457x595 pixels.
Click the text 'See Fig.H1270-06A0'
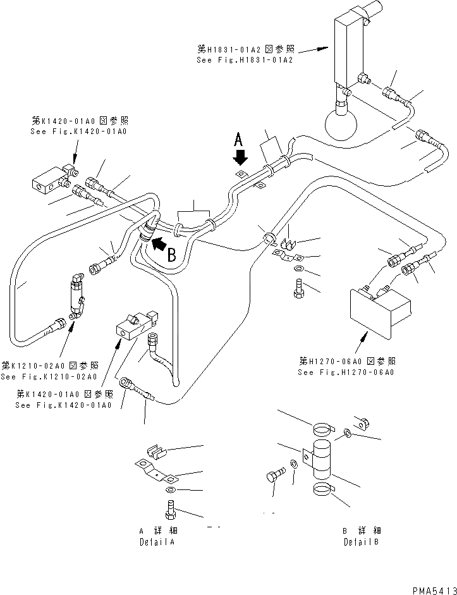pyautogui.click(x=346, y=372)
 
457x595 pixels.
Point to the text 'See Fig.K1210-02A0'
pyautogui.click(x=49, y=377)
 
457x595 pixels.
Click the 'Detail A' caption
pyautogui.click(x=157, y=542)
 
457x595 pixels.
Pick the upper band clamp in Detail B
pyautogui.click(x=322, y=429)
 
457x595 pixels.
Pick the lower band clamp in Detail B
pyautogui.click(x=324, y=489)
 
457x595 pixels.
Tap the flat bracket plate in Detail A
pyautogui.click(x=154, y=471)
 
